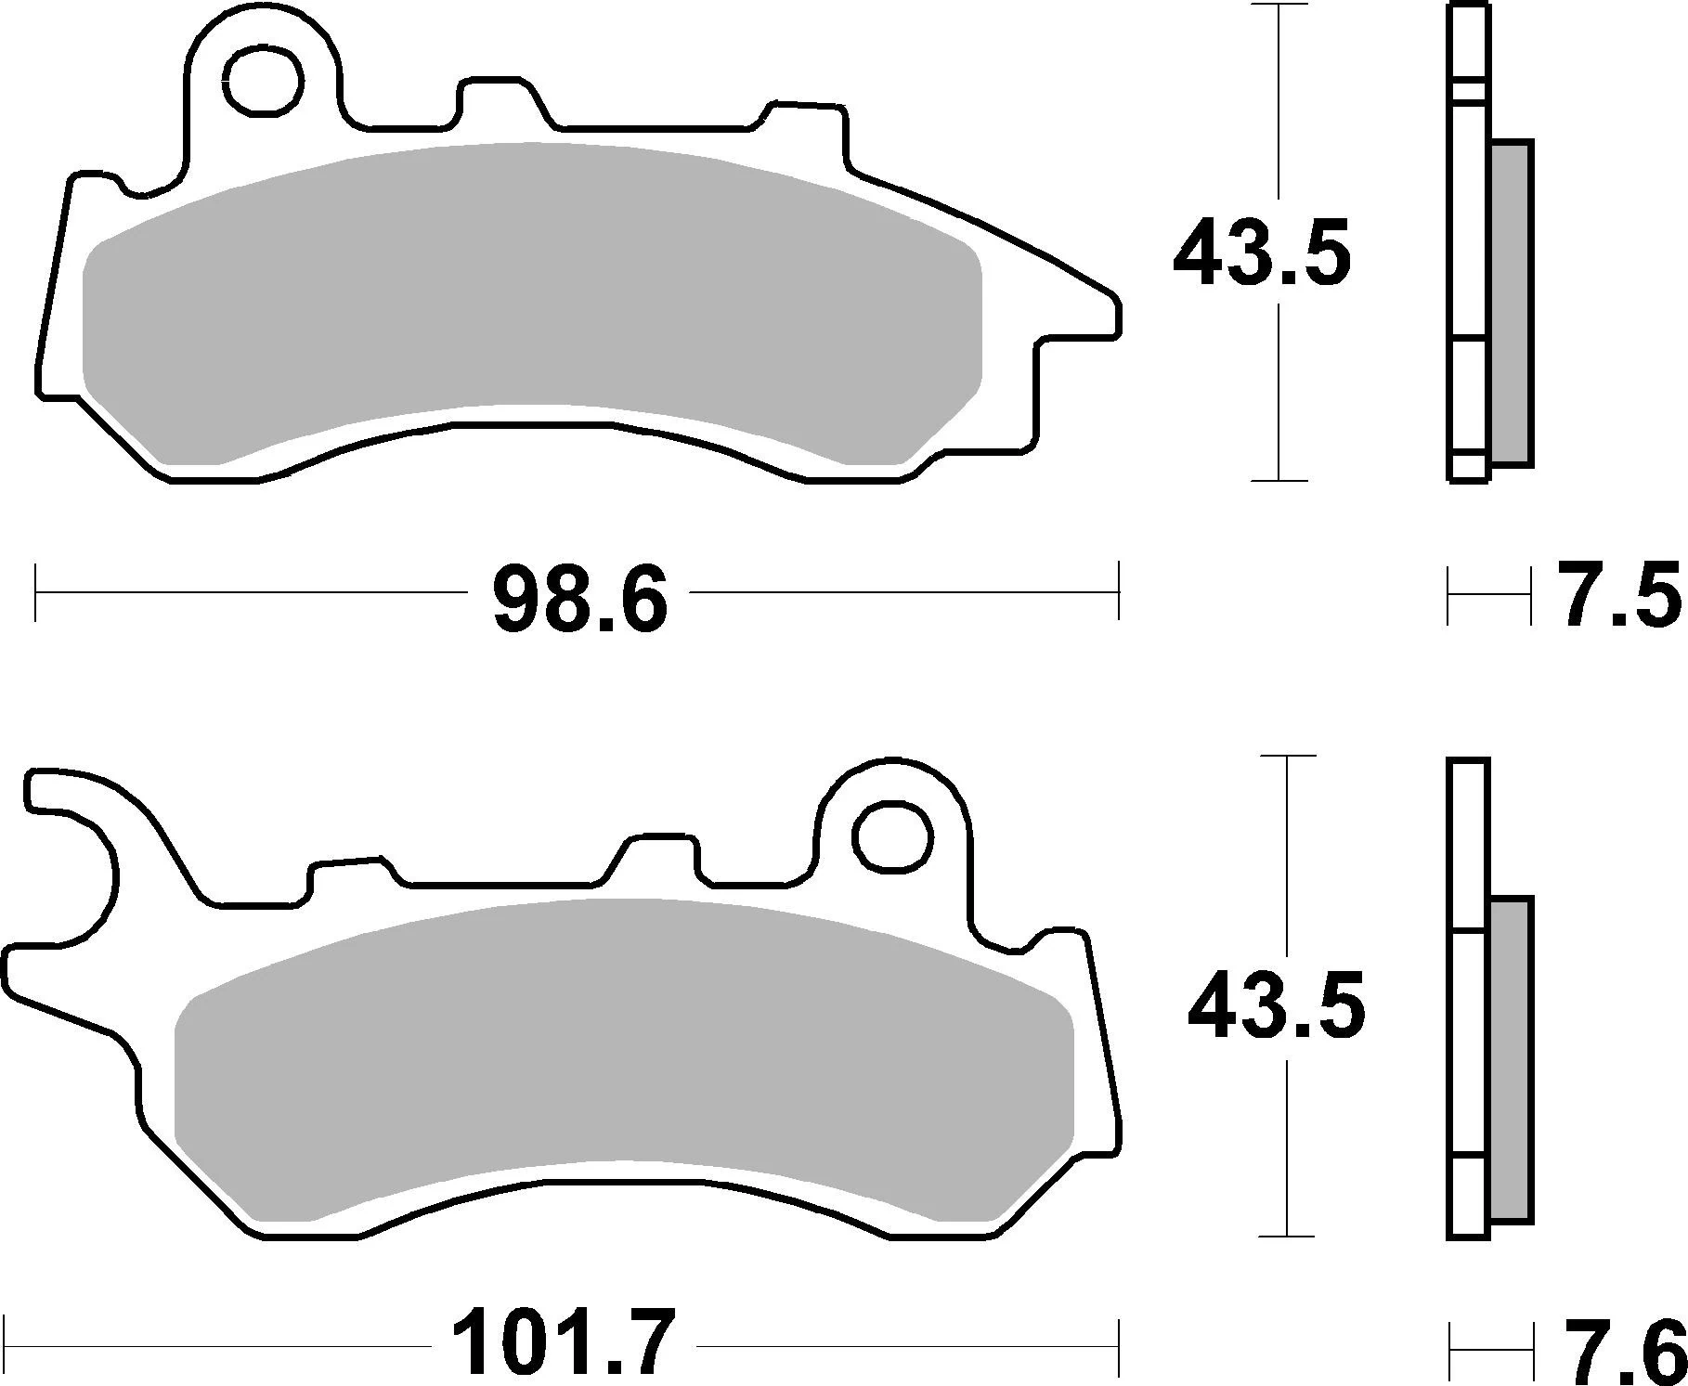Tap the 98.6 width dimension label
tap(579, 592)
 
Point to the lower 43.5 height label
tap(1276, 1008)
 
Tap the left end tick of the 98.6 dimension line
tap(35, 591)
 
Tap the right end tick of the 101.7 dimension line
tap(1119, 1347)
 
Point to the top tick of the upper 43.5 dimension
tap(1279, 6)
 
